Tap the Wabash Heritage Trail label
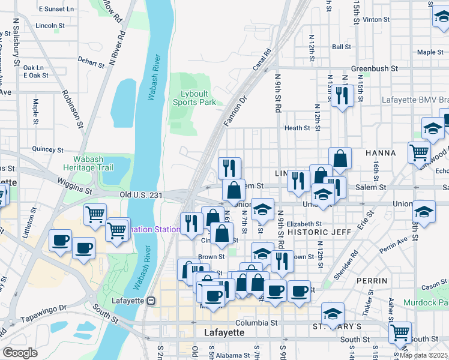[89, 164]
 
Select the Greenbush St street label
[375, 69]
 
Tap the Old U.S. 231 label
[142, 194]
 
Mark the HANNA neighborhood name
[380, 153]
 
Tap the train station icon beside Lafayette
[152, 301]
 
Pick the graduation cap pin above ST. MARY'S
[333, 313]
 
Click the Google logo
[20, 353]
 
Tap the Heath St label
[297, 128]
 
